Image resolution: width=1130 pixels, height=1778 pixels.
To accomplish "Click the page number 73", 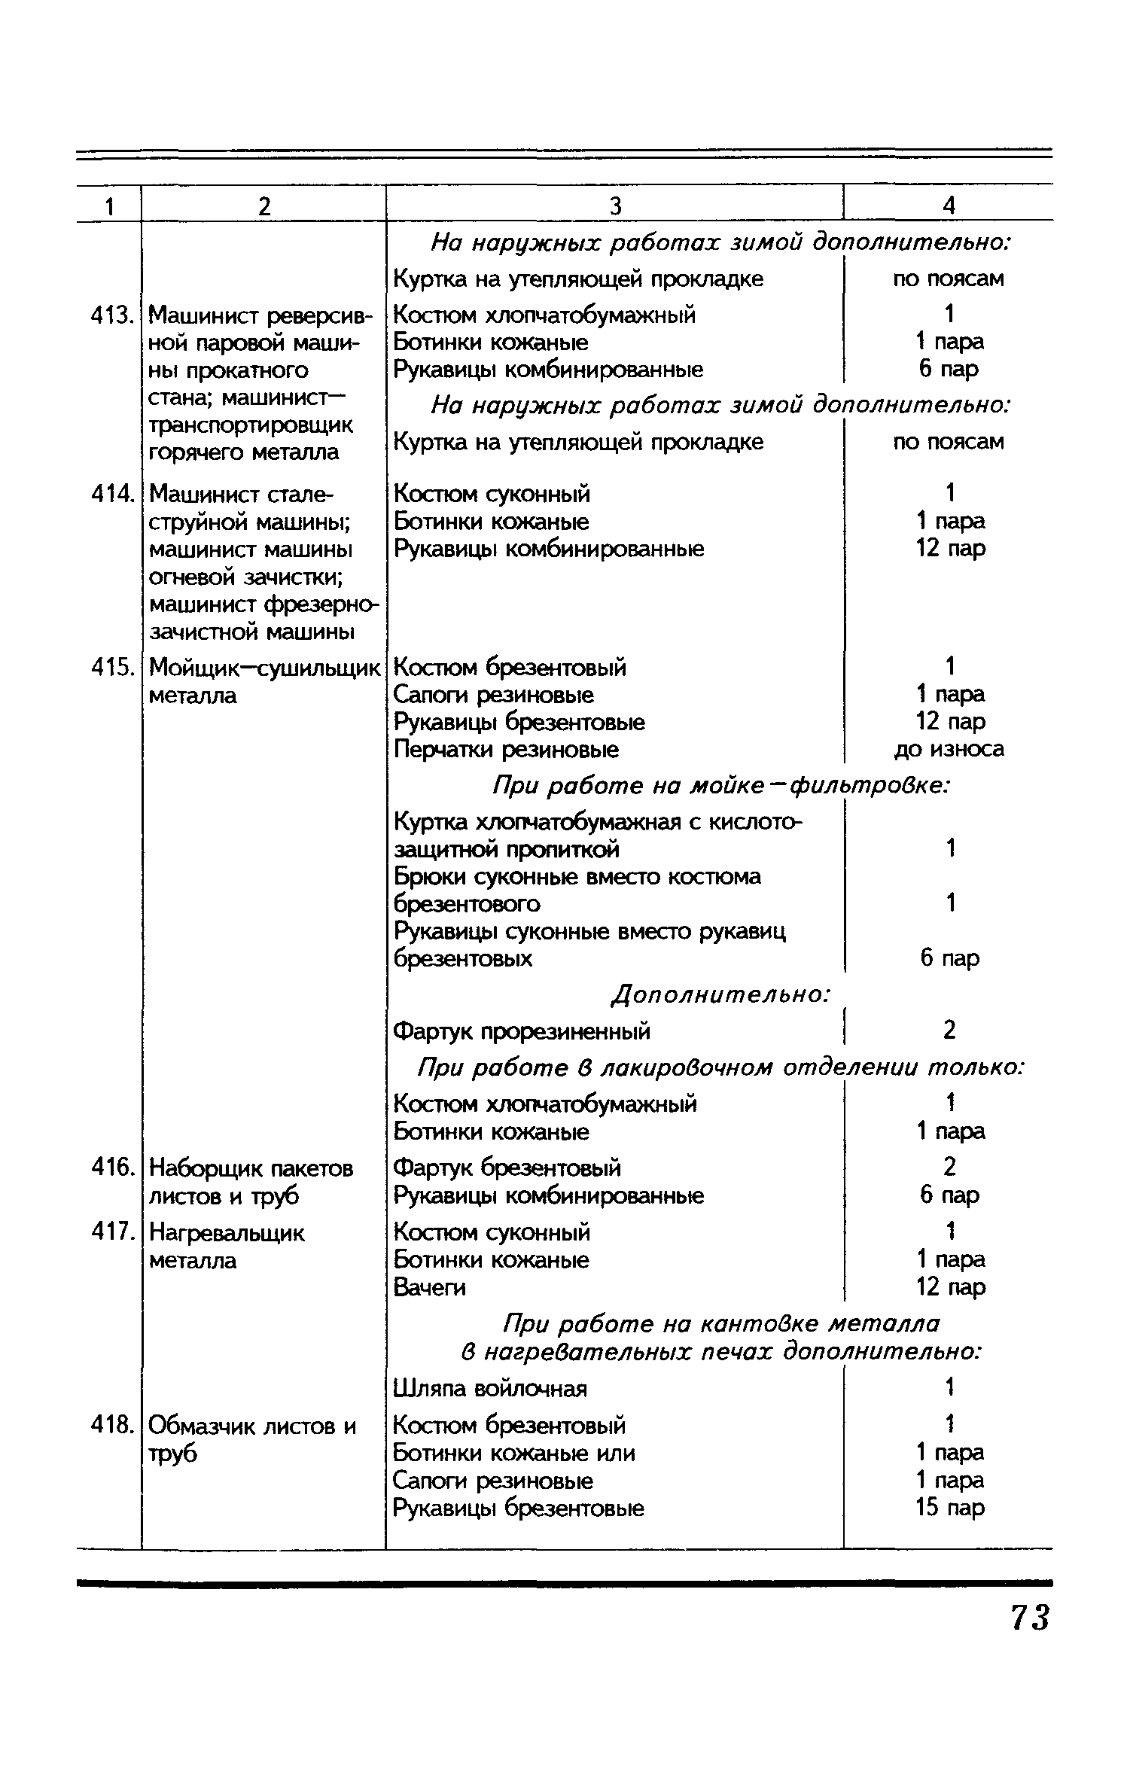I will [1029, 1617].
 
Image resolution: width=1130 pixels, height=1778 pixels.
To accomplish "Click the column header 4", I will [949, 206].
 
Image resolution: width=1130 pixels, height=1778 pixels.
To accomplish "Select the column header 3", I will [615, 206].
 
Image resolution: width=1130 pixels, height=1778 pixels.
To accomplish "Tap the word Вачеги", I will [430, 1288].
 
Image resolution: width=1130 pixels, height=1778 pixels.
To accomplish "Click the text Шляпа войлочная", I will [490, 1387].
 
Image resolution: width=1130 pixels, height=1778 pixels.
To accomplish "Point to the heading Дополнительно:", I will [720, 994].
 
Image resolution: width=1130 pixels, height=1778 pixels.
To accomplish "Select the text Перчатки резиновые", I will [507, 750].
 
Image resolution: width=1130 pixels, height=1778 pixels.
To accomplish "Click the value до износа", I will [949, 749].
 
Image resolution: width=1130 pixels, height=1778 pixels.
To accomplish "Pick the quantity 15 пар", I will [949, 1508].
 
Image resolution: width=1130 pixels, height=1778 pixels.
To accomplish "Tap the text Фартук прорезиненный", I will [522, 1031].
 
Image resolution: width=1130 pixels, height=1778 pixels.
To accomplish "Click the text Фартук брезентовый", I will [507, 1168].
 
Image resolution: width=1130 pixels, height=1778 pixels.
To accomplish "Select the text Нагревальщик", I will [227, 1233].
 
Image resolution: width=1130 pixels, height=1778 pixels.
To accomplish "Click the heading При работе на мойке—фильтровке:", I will [720, 786].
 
